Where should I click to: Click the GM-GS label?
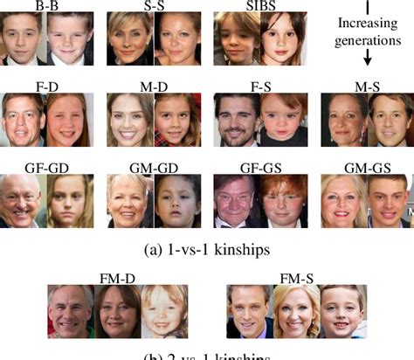[364, 166]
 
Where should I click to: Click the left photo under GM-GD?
[129, 201]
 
